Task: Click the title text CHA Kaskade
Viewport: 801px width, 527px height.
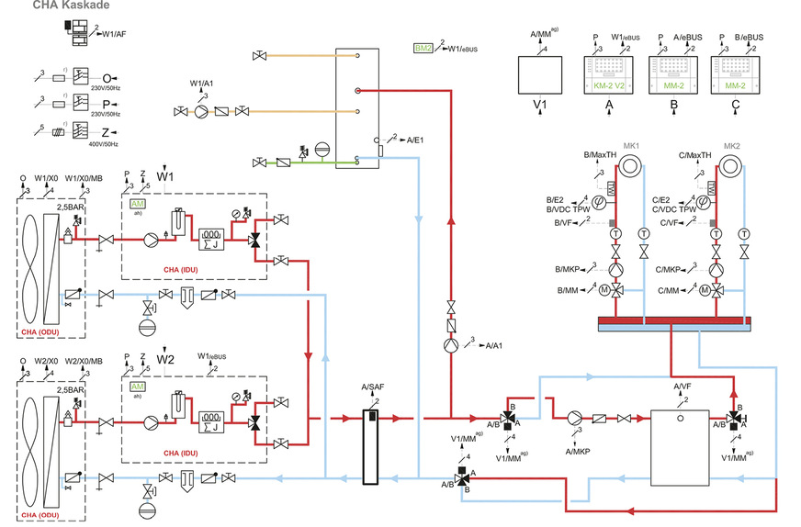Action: pyautogui.click(x=72, y=6)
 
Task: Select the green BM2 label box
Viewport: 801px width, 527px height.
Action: pyautogui.click(x=423, y=47)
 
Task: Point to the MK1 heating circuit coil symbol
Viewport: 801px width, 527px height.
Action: pyautogui.click(x=632, y=166)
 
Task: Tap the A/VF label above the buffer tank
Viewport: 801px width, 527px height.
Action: pyautogui.click(x=682, y=387)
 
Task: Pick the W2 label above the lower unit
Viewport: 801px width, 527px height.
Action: pyautogui.click(x=164, y=359)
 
